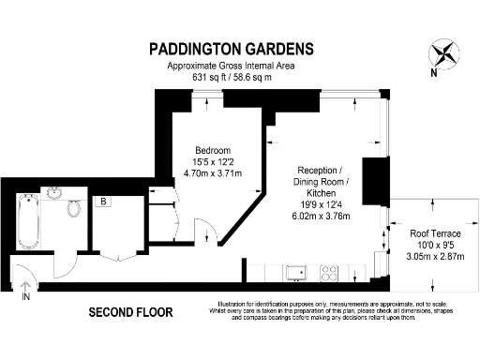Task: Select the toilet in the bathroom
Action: pyautogui.click(x=74, y=208)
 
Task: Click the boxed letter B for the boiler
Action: pyautogui.click(x=102, y=201)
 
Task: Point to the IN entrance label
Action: pyautogui.click(x=25, y=296)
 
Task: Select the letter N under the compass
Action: pyautogui.click(x=432, y=72)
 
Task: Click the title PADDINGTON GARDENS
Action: pyautogui.click(x=232, y=49)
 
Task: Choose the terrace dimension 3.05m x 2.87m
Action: pyautogui.click(x=432, y=256)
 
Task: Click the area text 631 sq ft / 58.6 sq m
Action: pyautogui.click(x=232, y=78)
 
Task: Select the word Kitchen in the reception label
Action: pyautogui.click(x=319, y=192)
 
